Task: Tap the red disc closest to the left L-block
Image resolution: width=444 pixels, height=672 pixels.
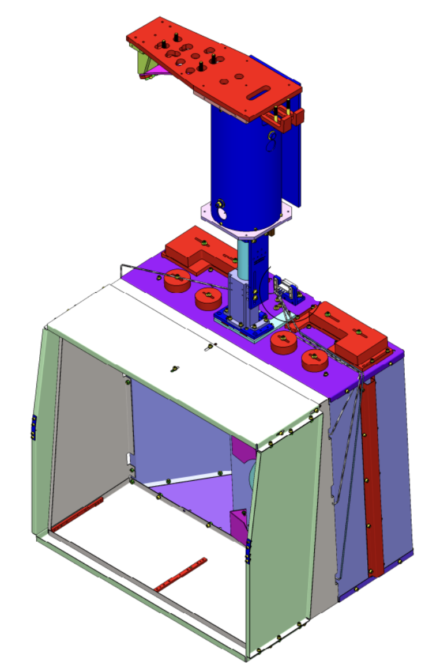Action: click(x=177, y=281)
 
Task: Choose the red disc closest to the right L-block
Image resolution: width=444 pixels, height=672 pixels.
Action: click(x=315, y=360)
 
